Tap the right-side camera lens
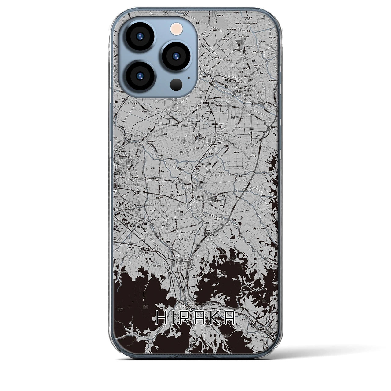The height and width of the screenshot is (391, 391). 176,56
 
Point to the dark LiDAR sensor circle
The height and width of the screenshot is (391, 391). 177,83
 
